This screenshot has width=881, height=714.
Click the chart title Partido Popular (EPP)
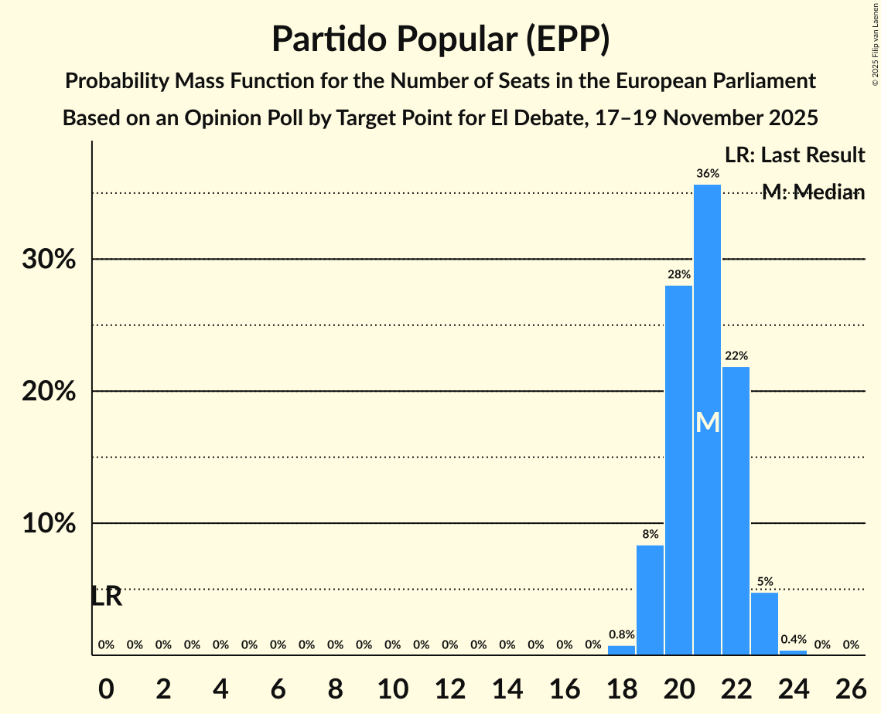440,39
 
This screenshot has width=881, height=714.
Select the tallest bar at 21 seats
707,420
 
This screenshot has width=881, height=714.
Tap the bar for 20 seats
678,470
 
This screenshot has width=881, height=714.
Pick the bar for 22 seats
736,511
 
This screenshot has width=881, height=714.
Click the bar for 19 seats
650,600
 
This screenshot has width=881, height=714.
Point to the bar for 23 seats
764,624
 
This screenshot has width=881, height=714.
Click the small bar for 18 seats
621,650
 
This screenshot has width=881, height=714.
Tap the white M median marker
707,422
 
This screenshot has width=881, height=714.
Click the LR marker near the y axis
106,597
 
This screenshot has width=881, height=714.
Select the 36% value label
707,174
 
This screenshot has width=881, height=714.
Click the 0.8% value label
621,634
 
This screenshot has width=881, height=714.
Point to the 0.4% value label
793,640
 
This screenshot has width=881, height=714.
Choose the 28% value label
678,274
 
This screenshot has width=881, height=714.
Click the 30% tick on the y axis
49,260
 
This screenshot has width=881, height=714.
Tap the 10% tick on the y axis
49,524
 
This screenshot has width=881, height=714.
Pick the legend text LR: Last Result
794,155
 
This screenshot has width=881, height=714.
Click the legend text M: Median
812,192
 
